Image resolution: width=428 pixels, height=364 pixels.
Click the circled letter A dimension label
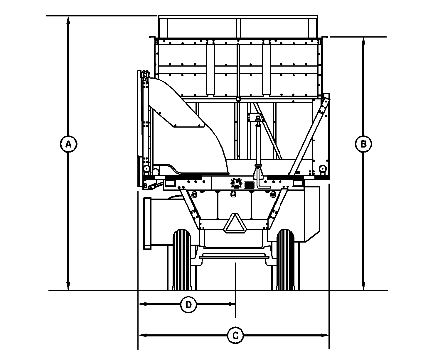68,144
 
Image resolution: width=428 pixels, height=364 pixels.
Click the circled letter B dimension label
363,144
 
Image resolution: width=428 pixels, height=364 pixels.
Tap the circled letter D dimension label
188,304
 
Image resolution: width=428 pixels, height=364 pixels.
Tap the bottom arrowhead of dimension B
363,286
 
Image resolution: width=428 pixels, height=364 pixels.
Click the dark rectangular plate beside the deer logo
249,185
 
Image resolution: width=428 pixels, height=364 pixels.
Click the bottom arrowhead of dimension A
68,286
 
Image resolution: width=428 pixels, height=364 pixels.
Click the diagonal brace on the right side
309,137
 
